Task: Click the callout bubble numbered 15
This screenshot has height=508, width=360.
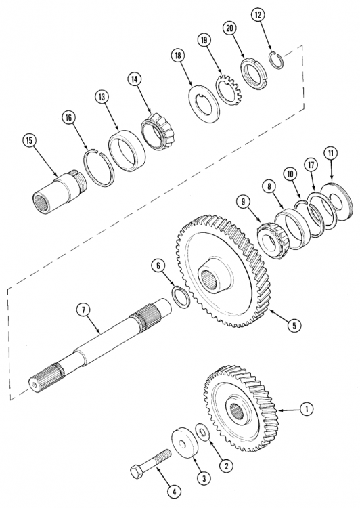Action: click(28, 140)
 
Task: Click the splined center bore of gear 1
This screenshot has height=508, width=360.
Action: click(236, 409)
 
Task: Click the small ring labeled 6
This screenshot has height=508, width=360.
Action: click(181, 296)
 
